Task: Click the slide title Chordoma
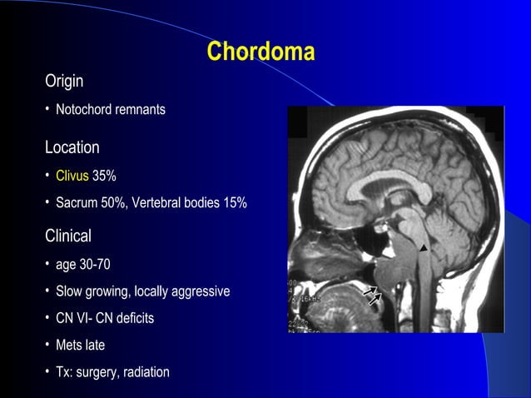tap(261, 52)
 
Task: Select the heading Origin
tap(64, 82)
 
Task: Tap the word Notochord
tap(83, 110)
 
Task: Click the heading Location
tap(72, 147)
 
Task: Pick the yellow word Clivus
tap(72, 176)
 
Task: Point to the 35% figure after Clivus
tap(104, 176)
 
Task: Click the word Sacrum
tap(76, 203)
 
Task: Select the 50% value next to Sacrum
tap(113, 203)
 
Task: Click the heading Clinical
tap(68, 236)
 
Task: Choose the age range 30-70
tap(96, 265)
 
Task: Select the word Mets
tap(70, 345)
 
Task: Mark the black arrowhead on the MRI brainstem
tap(424, 247)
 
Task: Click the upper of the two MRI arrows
tap(369, 291)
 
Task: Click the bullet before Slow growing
tap(48, 292)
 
